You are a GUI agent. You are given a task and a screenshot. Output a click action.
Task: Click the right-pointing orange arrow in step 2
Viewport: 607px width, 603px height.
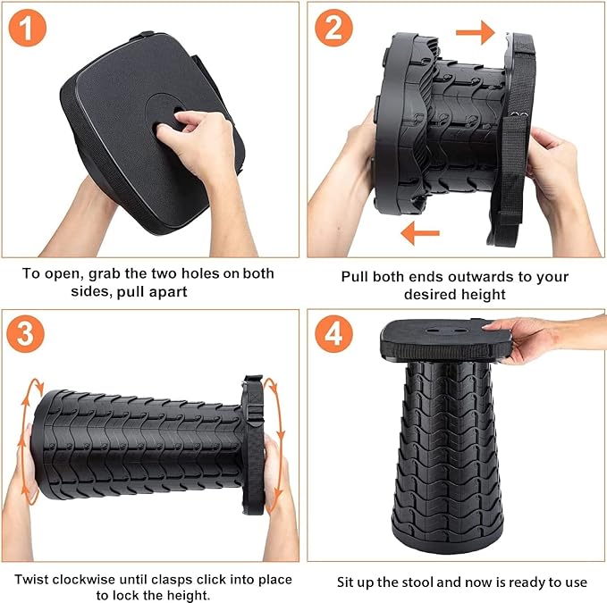(x=475, y=34)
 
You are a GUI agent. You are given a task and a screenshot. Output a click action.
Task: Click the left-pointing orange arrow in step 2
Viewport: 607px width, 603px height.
(x=419, y=234)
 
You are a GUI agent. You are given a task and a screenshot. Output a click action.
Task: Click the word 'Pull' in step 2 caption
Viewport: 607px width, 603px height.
(x=356, y=276)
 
